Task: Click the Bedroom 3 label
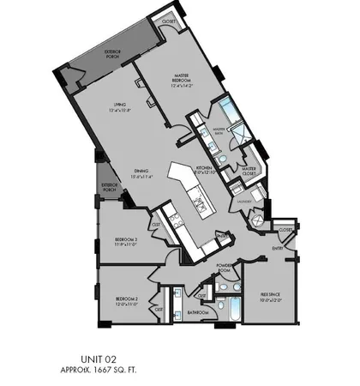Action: [128, 240]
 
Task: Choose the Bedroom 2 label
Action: [127, 300]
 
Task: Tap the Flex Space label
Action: [272, 296]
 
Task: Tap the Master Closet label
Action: [249, 171]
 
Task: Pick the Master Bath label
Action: [224, 130]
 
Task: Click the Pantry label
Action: [221, 235]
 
